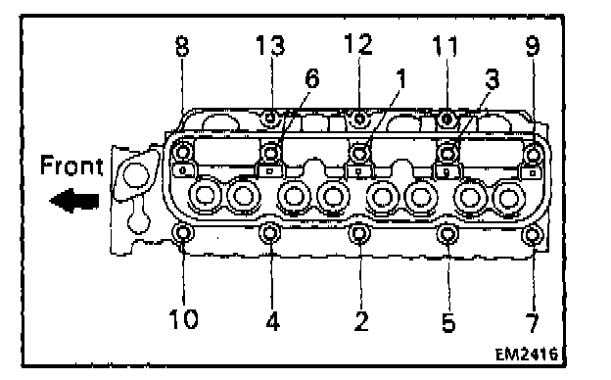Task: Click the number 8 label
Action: tap(182, 46)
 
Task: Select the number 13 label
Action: tap(270, 45)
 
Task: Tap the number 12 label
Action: tap(358, 44)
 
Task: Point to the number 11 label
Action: tap(446, 45)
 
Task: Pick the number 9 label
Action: tap(533, 46)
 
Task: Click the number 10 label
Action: tap(183, 319)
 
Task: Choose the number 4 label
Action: tap(273, 321)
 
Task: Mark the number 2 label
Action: tap(361, 321)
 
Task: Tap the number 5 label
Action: tap(448, 322)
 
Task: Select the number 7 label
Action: tap(533, 322)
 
